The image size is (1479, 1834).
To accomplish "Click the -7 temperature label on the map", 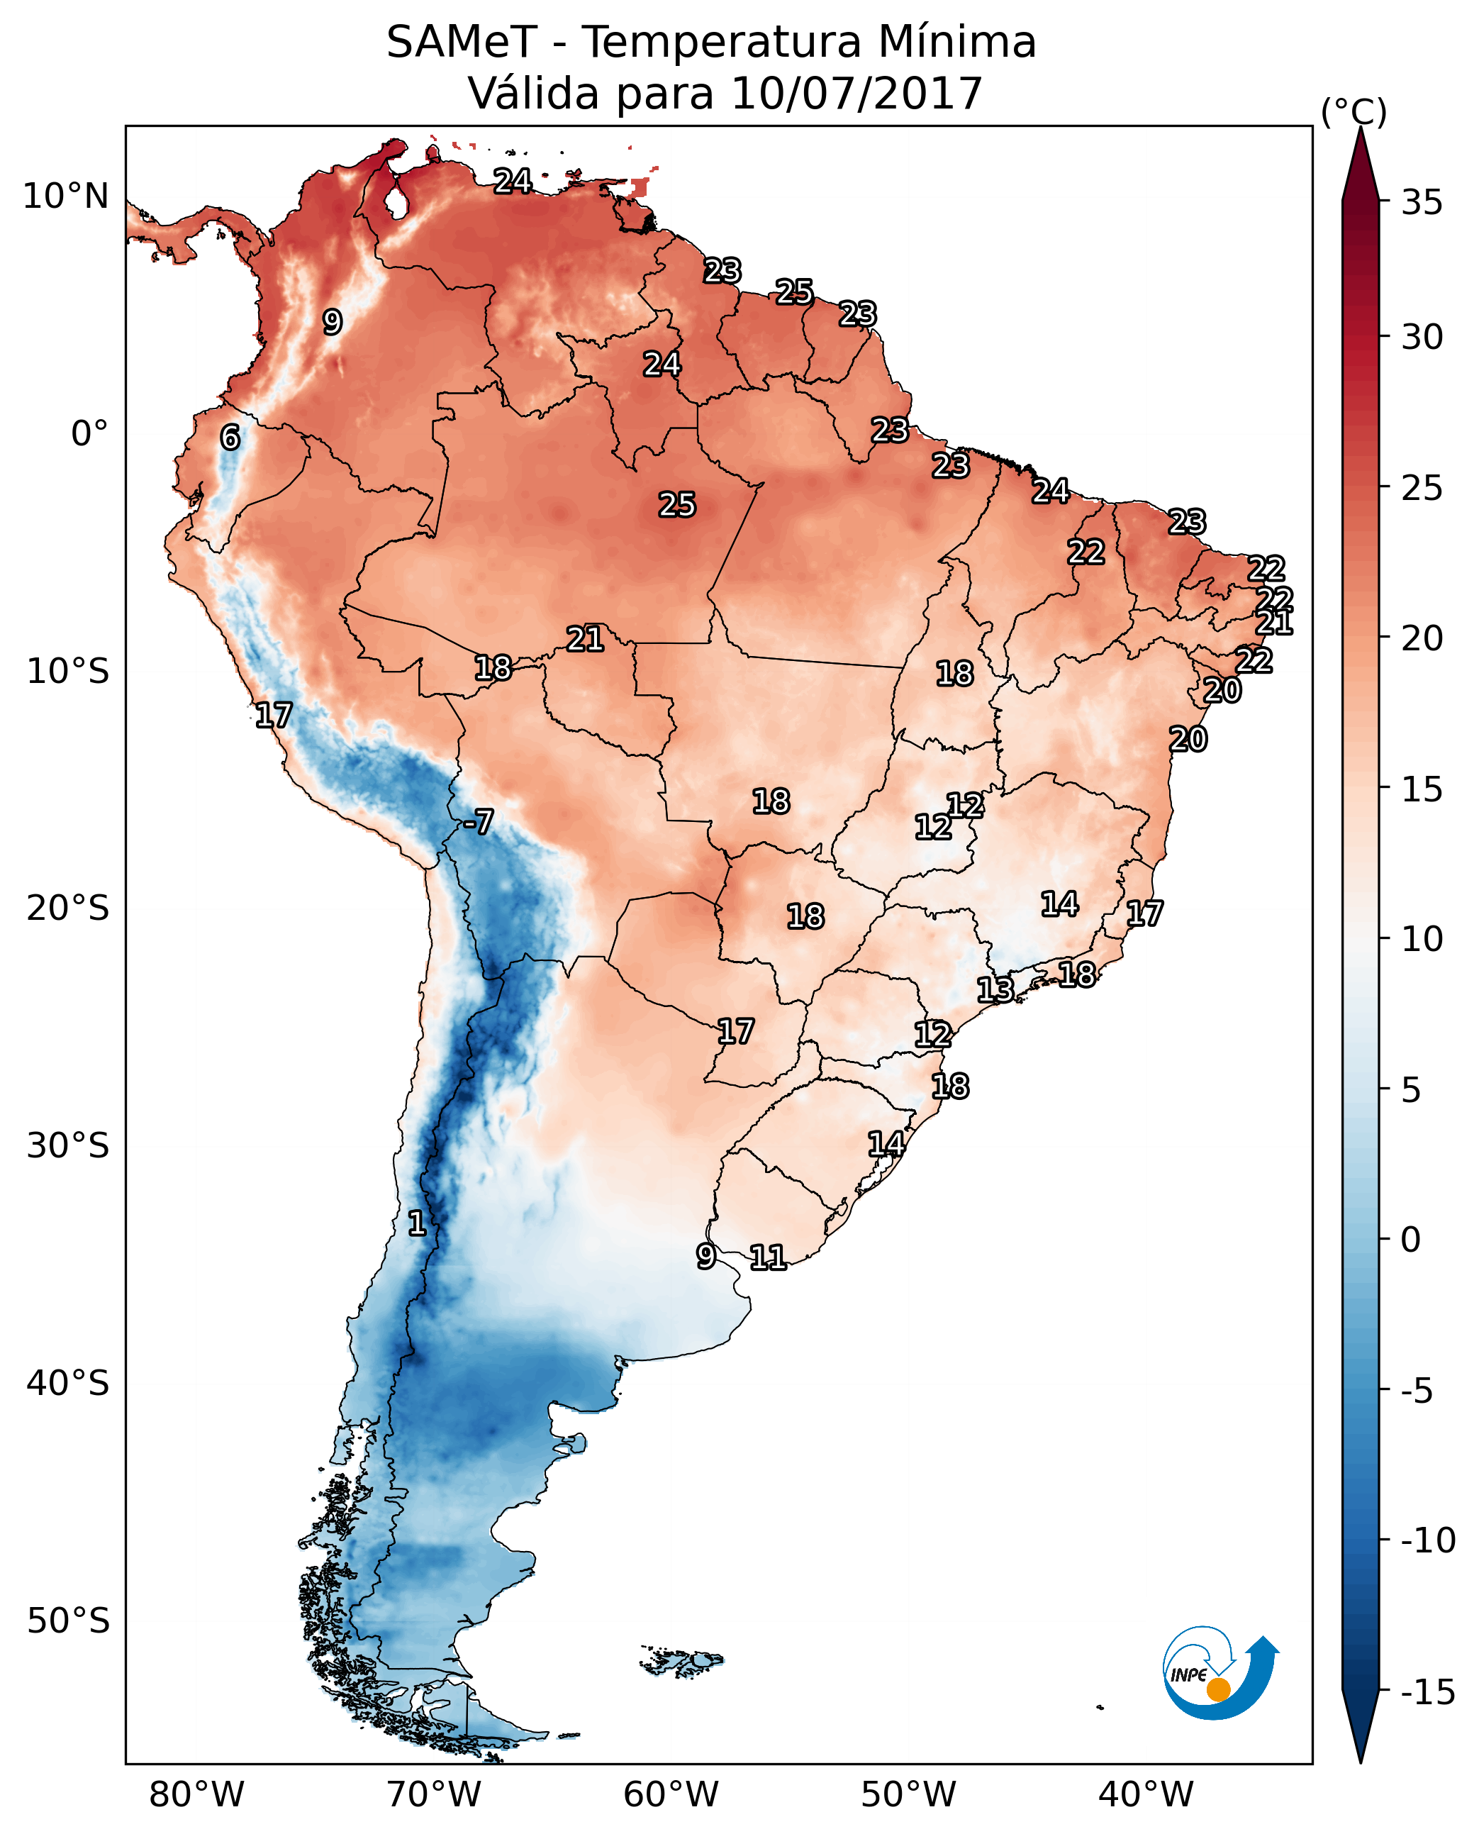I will coord(478,823).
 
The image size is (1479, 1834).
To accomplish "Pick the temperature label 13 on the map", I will coord(994,989).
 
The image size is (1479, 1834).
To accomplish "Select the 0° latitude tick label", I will coord(89,434).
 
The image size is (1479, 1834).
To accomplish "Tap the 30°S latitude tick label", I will coord(67,1145).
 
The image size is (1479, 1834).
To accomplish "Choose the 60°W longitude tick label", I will coord(671,1794).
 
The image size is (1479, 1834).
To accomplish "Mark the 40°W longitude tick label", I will coord(1145,1794).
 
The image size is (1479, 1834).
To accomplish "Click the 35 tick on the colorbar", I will coord(1422,203).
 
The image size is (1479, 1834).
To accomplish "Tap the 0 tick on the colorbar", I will coord(1411,1240).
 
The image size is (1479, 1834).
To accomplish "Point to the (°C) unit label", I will coord(1354,111).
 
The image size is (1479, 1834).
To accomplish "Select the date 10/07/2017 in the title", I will coord(856,93).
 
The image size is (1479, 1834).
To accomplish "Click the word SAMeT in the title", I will coord(462,42).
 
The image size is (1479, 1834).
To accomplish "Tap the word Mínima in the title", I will coord(956,42).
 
